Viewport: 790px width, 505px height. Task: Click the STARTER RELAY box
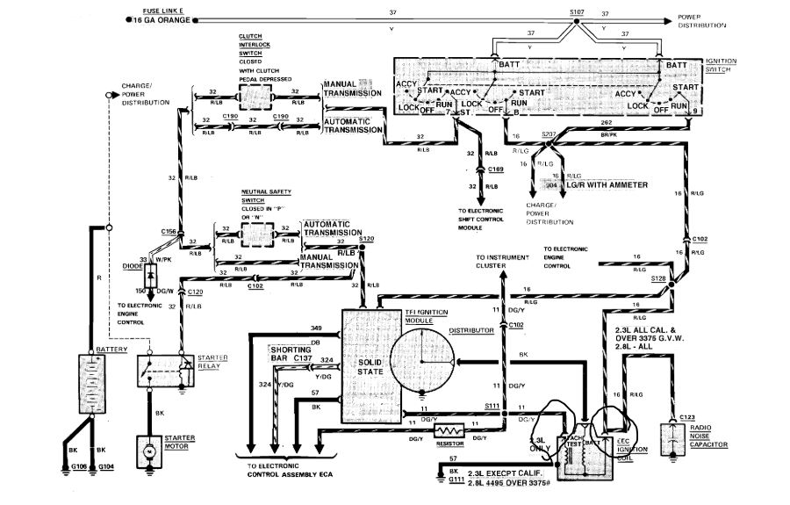(166, 371)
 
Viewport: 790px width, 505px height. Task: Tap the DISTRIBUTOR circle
(421, 361)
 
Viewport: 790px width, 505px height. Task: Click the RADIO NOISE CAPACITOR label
(707, 436)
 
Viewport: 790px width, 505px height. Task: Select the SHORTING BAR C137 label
(291, 353)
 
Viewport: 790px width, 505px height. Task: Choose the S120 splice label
(366, 239)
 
